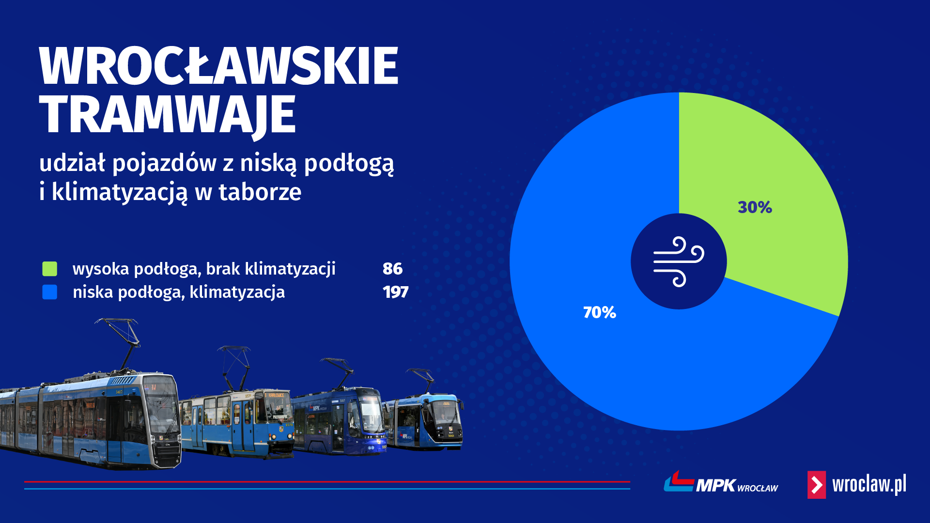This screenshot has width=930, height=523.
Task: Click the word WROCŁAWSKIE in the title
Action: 218,66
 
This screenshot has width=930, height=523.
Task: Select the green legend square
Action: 50,269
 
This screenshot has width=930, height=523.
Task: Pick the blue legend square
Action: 50,292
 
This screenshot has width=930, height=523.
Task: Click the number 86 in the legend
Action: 392,269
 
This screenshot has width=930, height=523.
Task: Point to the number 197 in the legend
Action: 395,292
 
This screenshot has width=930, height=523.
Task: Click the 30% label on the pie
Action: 755,207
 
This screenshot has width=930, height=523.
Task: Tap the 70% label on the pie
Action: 600,312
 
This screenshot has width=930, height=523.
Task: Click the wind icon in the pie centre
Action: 679,261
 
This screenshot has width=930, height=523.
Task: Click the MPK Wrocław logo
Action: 721,482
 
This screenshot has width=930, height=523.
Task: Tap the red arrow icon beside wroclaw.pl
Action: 817,485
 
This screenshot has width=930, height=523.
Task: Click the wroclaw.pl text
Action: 869,484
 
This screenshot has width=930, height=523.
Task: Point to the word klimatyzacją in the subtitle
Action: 119,193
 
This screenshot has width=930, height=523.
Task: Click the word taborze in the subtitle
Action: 260,192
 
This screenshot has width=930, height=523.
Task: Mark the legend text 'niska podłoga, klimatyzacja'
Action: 179,292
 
